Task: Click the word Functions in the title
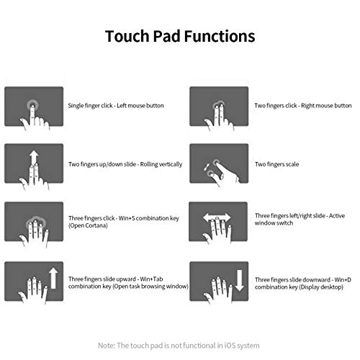coord(220,36)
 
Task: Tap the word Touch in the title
coord(127,36)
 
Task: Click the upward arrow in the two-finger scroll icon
coord(34,157)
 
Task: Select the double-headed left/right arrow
coord(217,217)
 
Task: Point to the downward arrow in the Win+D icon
coord(239,280)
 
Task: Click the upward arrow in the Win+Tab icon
coord(53,279)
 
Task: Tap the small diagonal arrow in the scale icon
coord(206,167)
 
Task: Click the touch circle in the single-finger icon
coord(32,105)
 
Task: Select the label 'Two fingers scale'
coord(276,164)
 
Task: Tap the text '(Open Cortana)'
coord(88,225)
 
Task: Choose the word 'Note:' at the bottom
coord(107,346)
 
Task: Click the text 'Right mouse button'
coord(326,106)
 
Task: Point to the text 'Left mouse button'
coord(140,106)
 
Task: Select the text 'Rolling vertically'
coord(161,164)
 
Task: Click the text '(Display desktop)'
coord(321,287)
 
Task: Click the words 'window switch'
coord(274,223)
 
